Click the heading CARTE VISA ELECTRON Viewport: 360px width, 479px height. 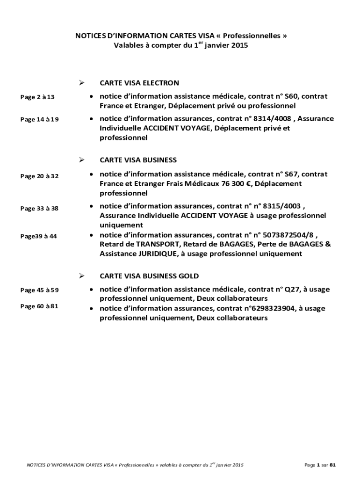[139, 83]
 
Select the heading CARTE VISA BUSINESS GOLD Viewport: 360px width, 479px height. [149, 276]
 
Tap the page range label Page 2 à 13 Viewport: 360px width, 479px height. [37, 97]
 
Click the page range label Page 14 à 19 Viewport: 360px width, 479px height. [39, 120]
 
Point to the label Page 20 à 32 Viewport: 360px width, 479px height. [39, 176]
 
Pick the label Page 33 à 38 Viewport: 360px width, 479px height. [39, 209]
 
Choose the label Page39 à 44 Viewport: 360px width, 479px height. [38, 236]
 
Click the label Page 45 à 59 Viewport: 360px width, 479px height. [39, 290]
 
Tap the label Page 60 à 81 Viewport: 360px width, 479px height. [39, 307]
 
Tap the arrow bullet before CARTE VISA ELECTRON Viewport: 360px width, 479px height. [81, 83]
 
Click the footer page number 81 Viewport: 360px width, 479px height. [332, 465]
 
